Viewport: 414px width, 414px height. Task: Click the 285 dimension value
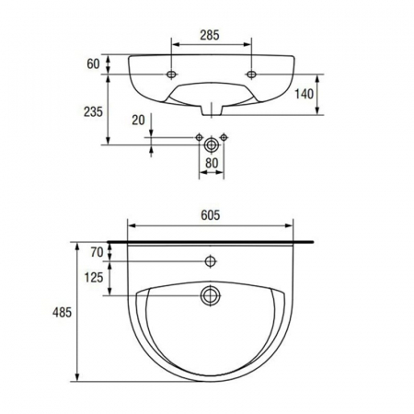click(x=210, y=35)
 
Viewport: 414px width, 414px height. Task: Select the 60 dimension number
click(x=93, y=64)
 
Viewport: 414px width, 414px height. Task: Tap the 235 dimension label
click(x=93, y=112)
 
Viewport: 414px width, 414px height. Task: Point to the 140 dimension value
click(x=304, y=94)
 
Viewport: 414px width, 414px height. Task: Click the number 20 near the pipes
click(x=138, y=120)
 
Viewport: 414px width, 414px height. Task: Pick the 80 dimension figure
click(x=212, y=163)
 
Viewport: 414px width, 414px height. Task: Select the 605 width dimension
click(x=211, y=215)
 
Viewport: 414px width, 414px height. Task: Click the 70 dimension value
click(x=97, y=252)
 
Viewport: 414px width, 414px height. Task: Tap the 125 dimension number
click(x=94, y=278)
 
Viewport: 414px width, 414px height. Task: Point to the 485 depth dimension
click(x=62, y=313)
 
